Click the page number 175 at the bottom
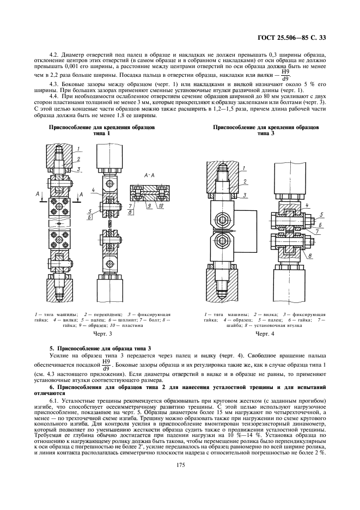coord(179,464)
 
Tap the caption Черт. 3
coord(102,333)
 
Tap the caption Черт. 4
coord(265,333)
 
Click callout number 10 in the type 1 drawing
coord(161,207)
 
